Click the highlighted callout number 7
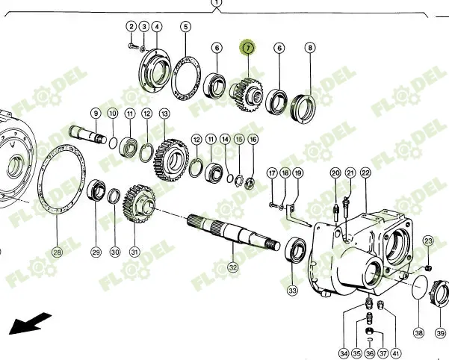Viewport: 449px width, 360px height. [x=248, y=48]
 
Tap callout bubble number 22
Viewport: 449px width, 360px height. [x=365, y=173]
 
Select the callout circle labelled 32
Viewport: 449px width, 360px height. [x=233, y=267]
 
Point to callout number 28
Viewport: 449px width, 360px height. [x=58, y=252]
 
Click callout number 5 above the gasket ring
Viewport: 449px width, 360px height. [x=185, y=27]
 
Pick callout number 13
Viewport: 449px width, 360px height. [x=164, y=114]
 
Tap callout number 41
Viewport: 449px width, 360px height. [x=395, y=353]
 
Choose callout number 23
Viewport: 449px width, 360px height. [x=428, y=241]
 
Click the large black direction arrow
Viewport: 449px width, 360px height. [x=30, y=323]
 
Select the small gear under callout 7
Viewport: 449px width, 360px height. [x=247, y=94]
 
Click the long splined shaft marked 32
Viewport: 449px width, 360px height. [x=233, y=232]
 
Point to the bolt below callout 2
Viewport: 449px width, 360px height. [x=133, y=46]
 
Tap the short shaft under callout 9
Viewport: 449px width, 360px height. [x=87, y=134]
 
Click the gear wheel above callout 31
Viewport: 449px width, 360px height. [x=139, y=204]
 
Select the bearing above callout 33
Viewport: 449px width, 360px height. [x=296, y=249]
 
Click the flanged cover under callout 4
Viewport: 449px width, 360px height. [x=155, y=71]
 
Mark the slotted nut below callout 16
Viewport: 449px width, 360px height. [x=250, y=184]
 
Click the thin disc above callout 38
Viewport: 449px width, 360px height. [x=420, y=287]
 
